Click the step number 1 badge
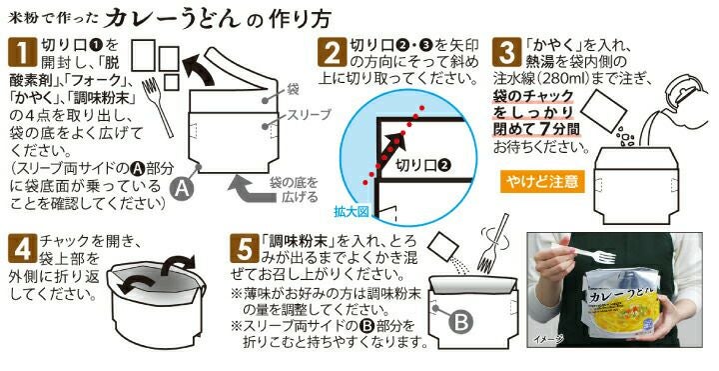[22, 52]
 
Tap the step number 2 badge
[332, 52]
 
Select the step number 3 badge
[506, 52]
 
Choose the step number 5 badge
[244, 248]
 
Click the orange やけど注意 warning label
[542, 182]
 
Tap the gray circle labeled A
[182, 188]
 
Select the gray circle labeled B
[460, 322]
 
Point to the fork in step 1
[158, 107]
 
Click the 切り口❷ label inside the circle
[423, 165]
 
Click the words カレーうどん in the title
[173, 19]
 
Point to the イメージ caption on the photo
[548, 339]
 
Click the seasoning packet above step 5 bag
[443, 247]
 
